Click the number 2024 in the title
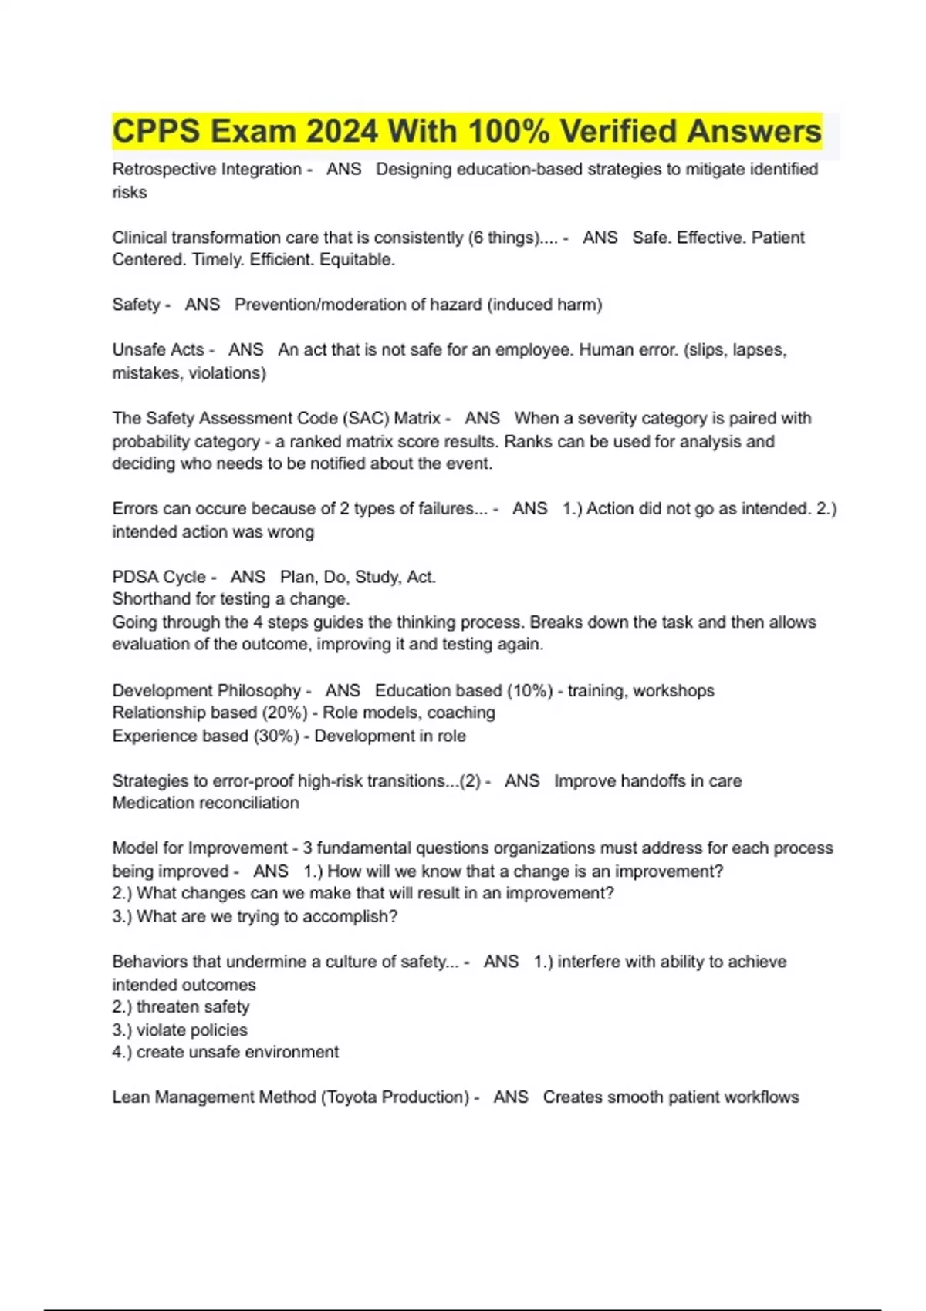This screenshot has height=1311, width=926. (x=342, y=131)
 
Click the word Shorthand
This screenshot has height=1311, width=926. (x=150, y=599)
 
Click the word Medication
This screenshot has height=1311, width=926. (x=151, y=803)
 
